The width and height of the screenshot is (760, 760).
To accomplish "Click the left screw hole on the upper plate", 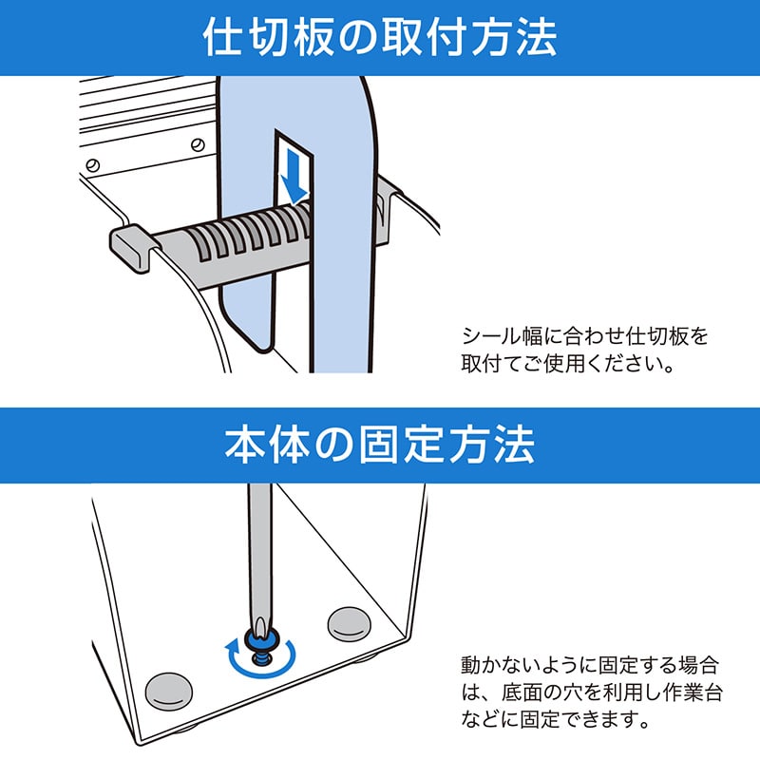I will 92,162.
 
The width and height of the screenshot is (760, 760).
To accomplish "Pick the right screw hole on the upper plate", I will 197,144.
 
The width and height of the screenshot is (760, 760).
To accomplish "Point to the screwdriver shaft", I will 256,551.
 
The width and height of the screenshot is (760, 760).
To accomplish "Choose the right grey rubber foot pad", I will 350,623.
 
